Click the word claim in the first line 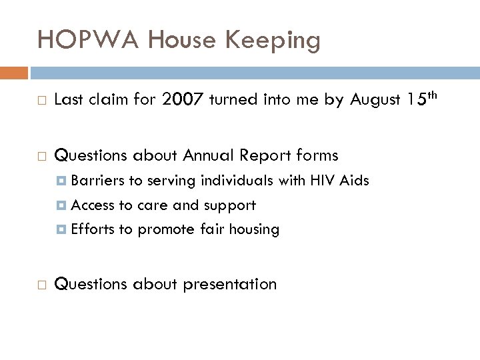[x=104, y=100]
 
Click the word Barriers [x=95, y=181]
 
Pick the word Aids [x=355, y=181]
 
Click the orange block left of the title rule [x=14, y=71]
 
